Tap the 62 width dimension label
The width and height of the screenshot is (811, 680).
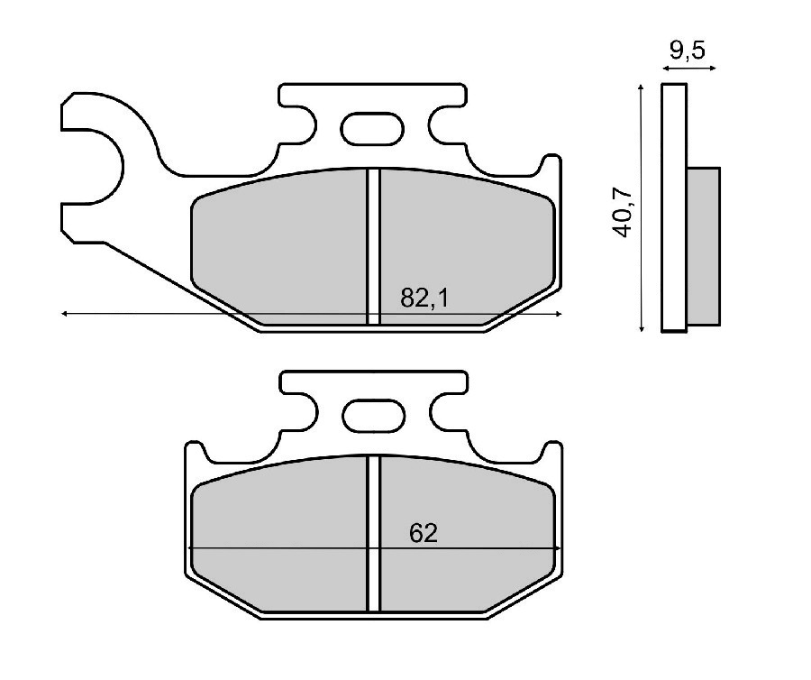[424, 534]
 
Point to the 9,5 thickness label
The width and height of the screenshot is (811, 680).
[688, 51]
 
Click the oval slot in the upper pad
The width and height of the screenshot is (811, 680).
[372, 128]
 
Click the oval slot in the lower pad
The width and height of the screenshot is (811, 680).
[374, 415]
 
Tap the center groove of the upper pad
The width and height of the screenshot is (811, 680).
[373, 246]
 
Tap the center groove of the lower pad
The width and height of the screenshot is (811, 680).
[374, 533]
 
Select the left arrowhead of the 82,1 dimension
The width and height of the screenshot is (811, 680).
[65, 313]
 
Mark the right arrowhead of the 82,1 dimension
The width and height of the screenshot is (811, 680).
[558, 313]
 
